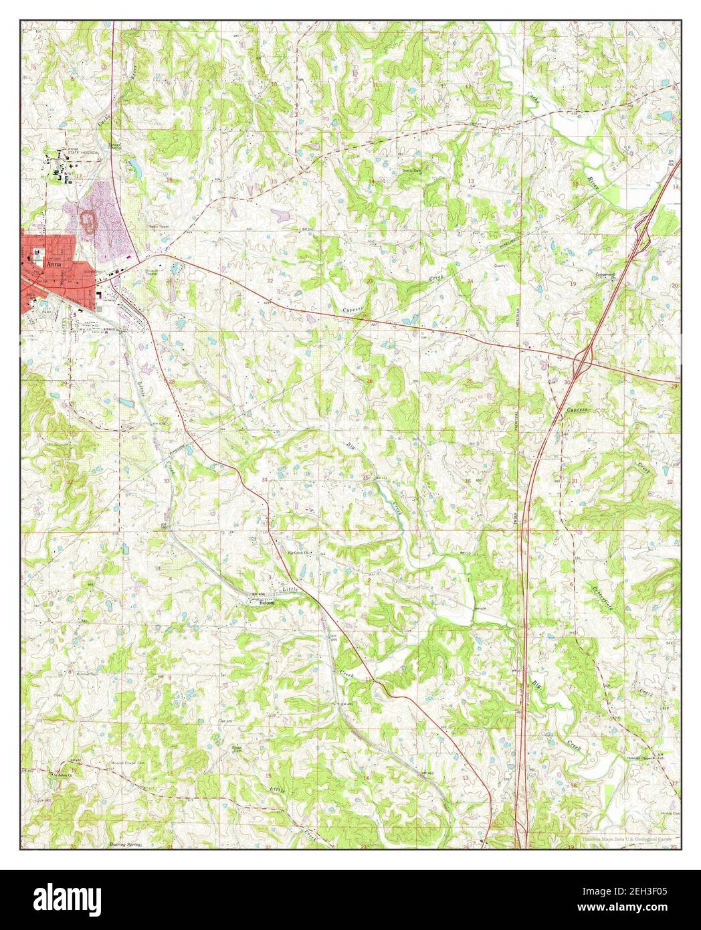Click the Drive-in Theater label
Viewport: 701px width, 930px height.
click(151, 272)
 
